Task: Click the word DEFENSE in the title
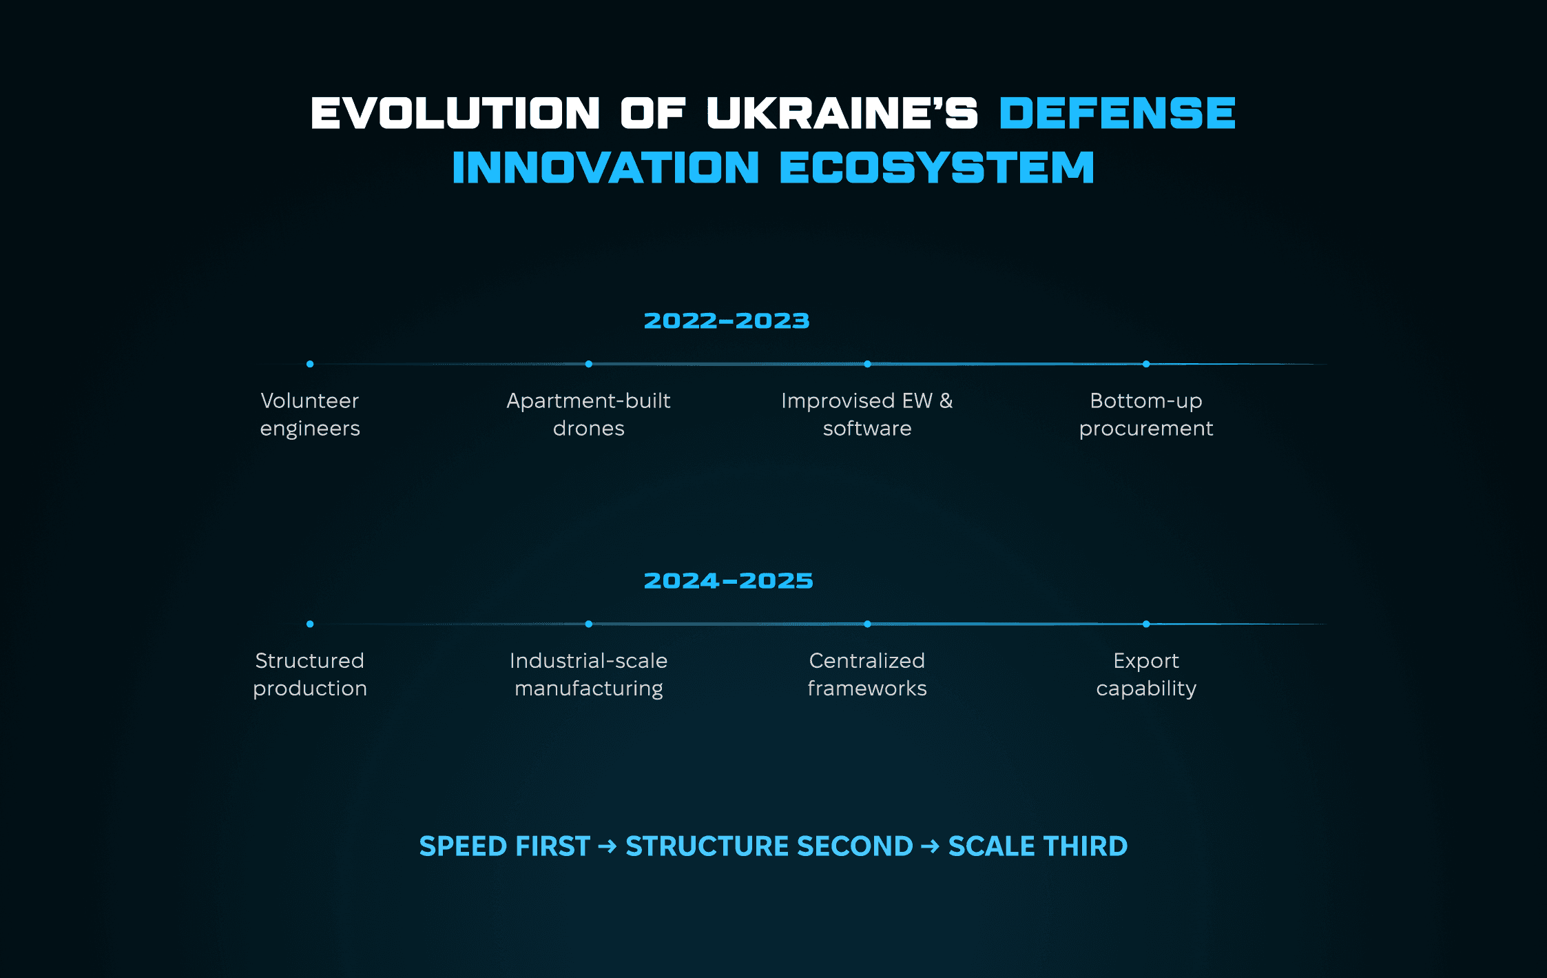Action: (x=1117, y=113)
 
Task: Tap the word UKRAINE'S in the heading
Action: (x=842, y=113)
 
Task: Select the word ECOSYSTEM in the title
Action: (x=937, y=167)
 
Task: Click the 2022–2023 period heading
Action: (x=727, y=320)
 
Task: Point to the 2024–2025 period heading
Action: (x=728, y=580)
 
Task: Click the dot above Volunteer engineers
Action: (x=310, y=364)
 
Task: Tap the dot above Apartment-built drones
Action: (x=589, y=364)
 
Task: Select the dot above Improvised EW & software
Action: (x=867, y=364)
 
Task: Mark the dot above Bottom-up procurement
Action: (x=1146, y=364)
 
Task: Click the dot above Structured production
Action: (x=310, y=624)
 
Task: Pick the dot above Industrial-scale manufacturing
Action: (x=589, y=624)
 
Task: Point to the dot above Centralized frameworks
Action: (x=867, y=624)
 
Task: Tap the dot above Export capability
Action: (x=1146, y=624)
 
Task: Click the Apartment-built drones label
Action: (x=589, y=414)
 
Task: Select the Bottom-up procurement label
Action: (x=1146, y=414)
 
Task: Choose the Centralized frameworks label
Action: (x=867, y=674)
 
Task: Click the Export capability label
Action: (x=1146, y=675)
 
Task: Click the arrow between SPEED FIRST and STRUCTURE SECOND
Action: (x=608, y=846)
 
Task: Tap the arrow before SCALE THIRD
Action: (x=931, y=846)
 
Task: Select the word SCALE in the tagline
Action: (x=992, y=846)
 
